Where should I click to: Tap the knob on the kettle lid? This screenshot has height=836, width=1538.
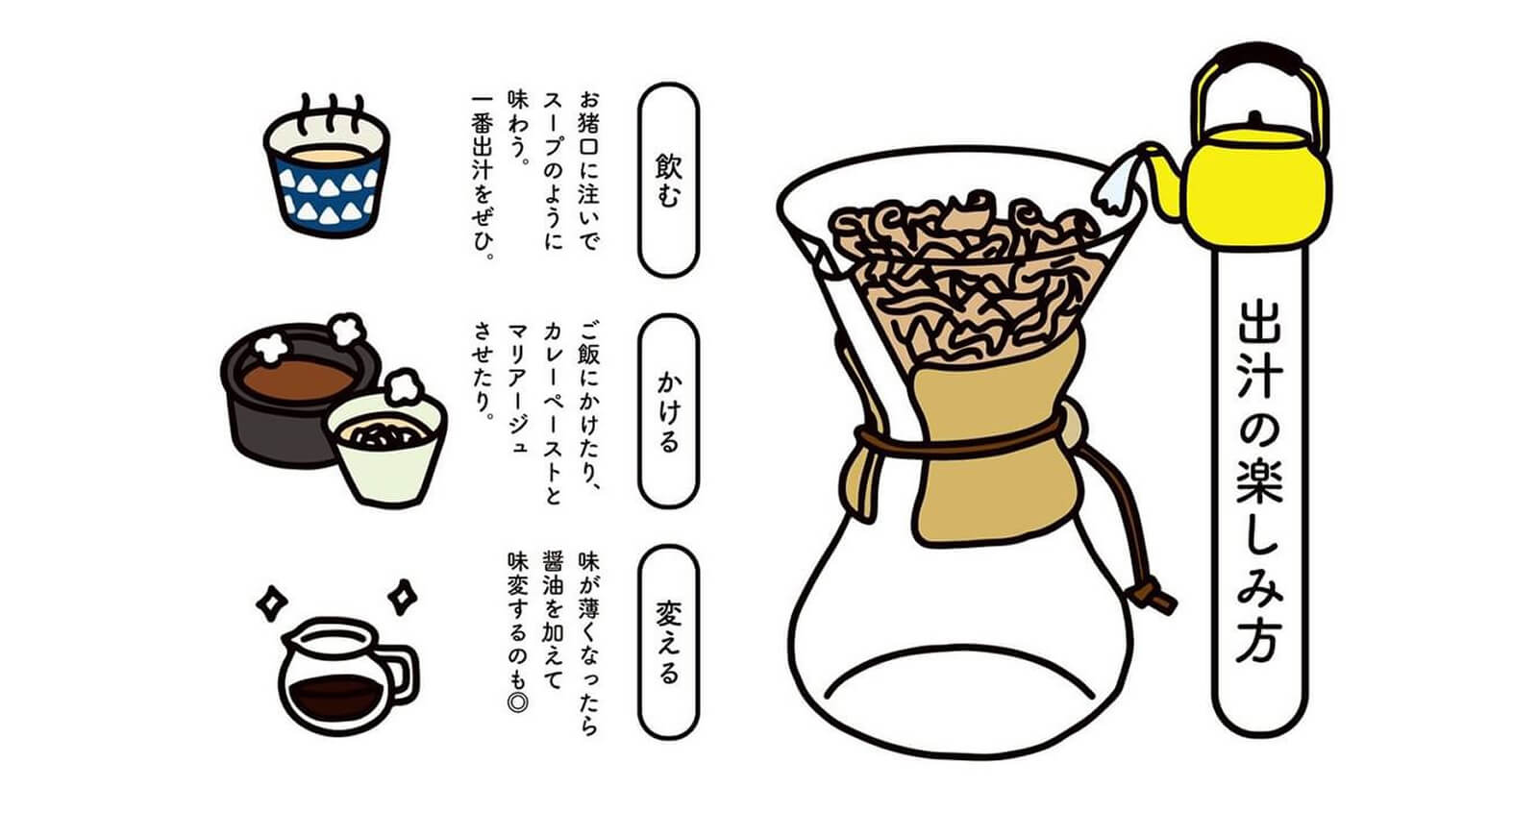pyautogui.click(x=1254, y=119)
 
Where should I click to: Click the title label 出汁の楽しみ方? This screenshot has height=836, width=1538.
pyautogui.click(x=1259, y=480)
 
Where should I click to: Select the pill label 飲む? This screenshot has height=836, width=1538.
pyautogui.click(x=669, y=180)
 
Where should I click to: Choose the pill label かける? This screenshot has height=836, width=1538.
pyautogui.click(x=669, y=411)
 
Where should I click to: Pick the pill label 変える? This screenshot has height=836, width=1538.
pyautogui.click(x=669, y=642)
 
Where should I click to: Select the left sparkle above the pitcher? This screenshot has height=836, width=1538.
pyautogui.click(x=272, y=603)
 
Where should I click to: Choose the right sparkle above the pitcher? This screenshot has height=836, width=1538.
pyautogui.click(x=403, y=597)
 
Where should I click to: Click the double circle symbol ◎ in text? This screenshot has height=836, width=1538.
pyautogui.click(x=518, y=702)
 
